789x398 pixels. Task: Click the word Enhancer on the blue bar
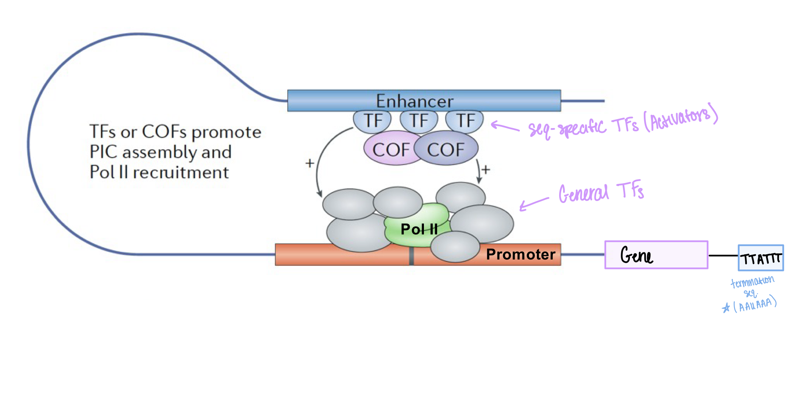[x=414, y=101]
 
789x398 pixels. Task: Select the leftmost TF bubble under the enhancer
[x=373, y=121]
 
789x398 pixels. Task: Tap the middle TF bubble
[x=419, y=121]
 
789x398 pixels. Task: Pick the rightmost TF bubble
[x=465, y=121]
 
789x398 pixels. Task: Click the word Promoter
[x=520, y=254]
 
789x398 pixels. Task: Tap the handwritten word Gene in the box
[x=636, y=255]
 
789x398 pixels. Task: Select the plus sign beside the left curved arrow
[x=310, y=163]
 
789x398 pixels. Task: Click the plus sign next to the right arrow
[x=486, y=170]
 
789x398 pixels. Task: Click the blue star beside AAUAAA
[x=726, y=308]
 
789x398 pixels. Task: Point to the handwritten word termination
[x=752, y=281]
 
